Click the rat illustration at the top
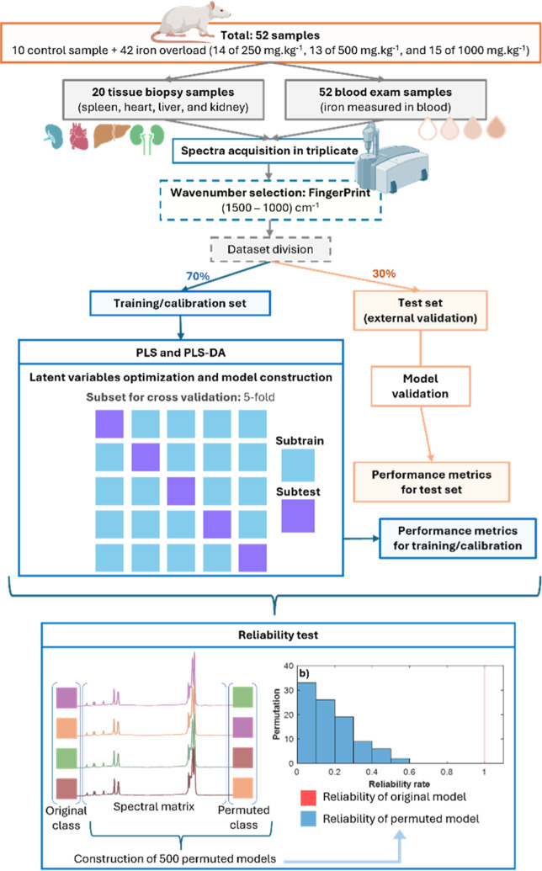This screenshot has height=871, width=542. pos(189,22)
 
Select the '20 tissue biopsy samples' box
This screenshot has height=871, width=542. pos(163,99)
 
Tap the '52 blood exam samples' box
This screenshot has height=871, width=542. pos(385,99)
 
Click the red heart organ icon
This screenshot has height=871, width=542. pos(79,136)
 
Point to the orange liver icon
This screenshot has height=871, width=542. pos(111,135)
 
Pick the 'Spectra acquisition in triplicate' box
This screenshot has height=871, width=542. pos(269,151)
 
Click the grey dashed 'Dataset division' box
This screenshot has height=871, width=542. pos(270,249)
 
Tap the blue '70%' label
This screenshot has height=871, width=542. pos(198,276)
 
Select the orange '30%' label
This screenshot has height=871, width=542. pos(384,274)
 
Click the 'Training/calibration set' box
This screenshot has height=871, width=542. pos(180,303)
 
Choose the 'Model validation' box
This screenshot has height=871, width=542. pos(420,386)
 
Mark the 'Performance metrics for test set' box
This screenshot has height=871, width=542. pos(432,482)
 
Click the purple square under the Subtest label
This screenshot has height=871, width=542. pos(298,516)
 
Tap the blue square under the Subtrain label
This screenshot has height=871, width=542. pos(298,465)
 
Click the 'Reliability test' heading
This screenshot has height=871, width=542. pos(279,635)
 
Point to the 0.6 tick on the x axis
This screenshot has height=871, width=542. pos(409,772)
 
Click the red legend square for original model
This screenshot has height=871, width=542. pos(308,798)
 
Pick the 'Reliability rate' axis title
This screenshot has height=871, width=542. pos(399,783)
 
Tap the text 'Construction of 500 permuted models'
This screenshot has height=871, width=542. pos(175,858)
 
